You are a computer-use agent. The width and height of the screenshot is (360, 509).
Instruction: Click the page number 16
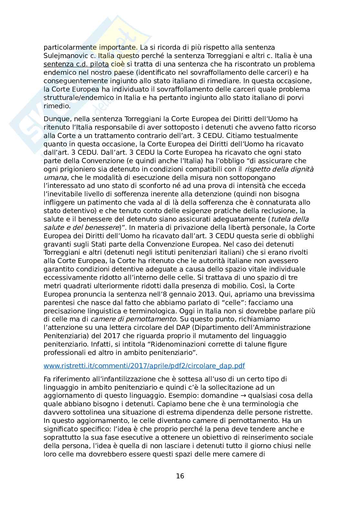pos(180,476)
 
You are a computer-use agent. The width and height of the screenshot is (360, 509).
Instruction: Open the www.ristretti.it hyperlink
pos(144,366)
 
